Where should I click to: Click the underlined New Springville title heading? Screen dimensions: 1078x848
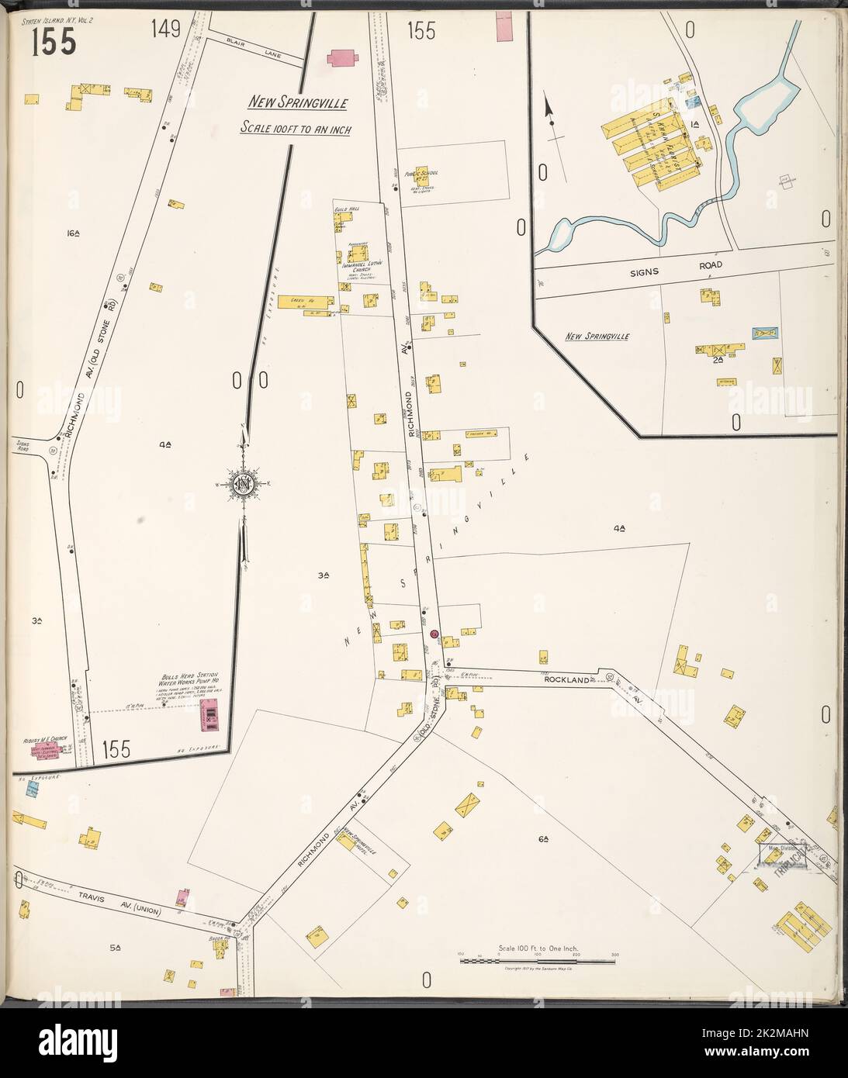click(x=297, y=102)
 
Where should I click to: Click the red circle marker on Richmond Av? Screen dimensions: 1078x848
click(x=434, y=634)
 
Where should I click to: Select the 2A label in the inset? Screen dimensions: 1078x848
click(x=718, y=358)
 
